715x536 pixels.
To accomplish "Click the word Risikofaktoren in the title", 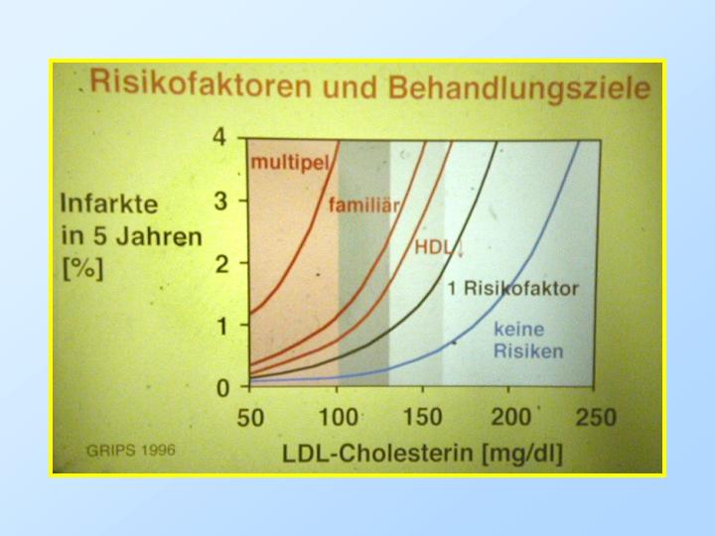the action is [x=201, y=83].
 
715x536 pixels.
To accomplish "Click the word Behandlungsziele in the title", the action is [x=519, y=88].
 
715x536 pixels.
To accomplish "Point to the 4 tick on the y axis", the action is [x=219, y=136].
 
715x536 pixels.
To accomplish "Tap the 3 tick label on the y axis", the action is [x=220, y=201].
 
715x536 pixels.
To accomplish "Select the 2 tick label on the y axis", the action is [x=221, y=263].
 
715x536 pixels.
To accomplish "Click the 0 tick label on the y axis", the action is [x=222, y=388].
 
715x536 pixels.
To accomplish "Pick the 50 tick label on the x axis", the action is [x=250, y=418].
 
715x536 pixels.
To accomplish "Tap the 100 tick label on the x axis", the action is [x=338, y=417].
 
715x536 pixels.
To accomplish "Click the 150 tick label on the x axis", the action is [x=422, y=417].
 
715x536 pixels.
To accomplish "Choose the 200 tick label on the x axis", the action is [x=509, y=417].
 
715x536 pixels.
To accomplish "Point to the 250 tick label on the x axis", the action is [x=596, y=417].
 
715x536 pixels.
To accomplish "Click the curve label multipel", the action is [x=290, y=163].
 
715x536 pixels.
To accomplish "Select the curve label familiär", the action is [x=363, y=205].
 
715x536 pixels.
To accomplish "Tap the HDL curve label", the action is [x=436, y=247].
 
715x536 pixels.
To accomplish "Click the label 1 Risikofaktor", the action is [x=513, y=289].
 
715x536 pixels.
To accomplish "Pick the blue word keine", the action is [x=519, y=330].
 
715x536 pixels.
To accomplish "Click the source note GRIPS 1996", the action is [x=130, y=451].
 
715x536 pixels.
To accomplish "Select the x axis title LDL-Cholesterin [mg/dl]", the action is [x=422, y=454].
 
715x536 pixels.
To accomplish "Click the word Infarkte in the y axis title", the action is [x=109, y=203].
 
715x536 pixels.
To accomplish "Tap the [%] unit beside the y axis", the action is [x=82, y=269].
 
